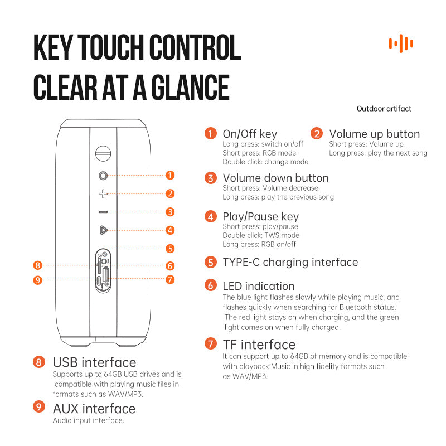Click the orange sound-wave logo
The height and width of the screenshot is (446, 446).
point(401,43)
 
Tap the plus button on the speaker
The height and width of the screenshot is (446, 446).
point(103,194)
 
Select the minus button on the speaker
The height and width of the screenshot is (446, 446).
point(103,212)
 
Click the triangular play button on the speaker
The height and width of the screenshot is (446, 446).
point(104,230)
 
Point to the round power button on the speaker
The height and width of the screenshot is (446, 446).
point(103,176)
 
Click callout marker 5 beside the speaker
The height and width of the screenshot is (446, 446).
point(170,249)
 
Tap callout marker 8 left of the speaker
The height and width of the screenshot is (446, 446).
point(37,265)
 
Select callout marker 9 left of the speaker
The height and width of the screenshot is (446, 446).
point(37,280)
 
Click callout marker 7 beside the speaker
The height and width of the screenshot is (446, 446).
point(170,280)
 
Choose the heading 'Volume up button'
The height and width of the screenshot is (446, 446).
point(374,134)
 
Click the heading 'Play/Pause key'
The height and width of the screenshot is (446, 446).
point(260,217)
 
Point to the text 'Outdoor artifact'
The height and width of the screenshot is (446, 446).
point(384,109)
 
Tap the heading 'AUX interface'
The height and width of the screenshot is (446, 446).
point(94,409)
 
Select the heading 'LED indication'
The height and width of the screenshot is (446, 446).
point(259,286)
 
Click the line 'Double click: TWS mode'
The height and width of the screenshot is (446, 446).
point(261,235)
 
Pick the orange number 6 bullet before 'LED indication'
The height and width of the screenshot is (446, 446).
point(211,285)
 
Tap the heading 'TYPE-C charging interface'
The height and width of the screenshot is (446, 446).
point(290,263)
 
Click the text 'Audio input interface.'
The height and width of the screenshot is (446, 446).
point(88,420)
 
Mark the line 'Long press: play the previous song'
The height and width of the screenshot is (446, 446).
point(278,197)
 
